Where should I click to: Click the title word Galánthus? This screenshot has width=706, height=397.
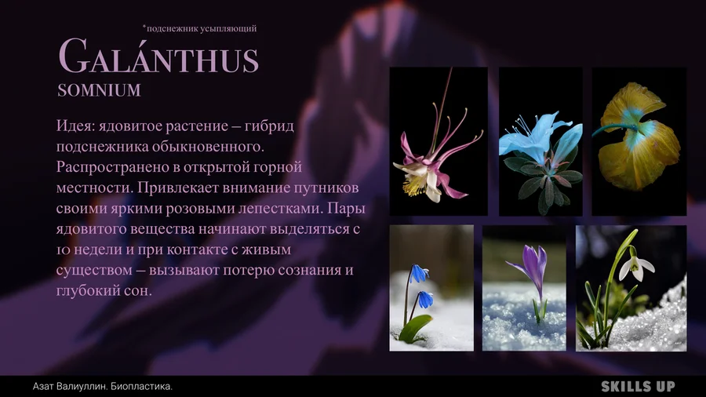click(158, 56)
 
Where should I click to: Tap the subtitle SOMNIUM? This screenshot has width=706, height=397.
click(99, 90)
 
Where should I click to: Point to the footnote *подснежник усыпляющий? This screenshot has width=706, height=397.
click(199, 28)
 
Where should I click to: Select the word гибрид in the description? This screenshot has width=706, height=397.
click(269, 126)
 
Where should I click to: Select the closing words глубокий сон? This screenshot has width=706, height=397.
click(104, 291)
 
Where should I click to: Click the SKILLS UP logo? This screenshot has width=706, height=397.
click(638, 386)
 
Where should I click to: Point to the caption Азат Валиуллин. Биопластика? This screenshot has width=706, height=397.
click(103, 386)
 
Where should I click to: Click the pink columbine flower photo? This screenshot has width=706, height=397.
click(438, 141)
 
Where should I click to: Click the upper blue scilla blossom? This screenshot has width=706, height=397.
click(419, 273)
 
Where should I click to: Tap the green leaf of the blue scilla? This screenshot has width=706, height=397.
click(415, 329)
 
